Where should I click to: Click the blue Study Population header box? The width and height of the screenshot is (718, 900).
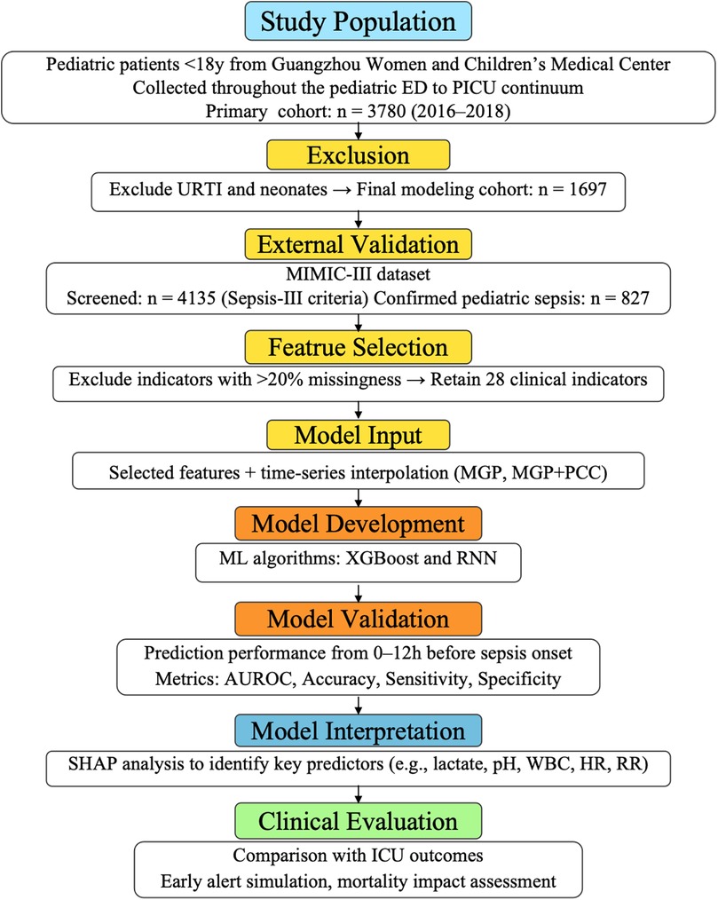coord(358,24)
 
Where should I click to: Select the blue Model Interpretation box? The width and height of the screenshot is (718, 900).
coord(358,733)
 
